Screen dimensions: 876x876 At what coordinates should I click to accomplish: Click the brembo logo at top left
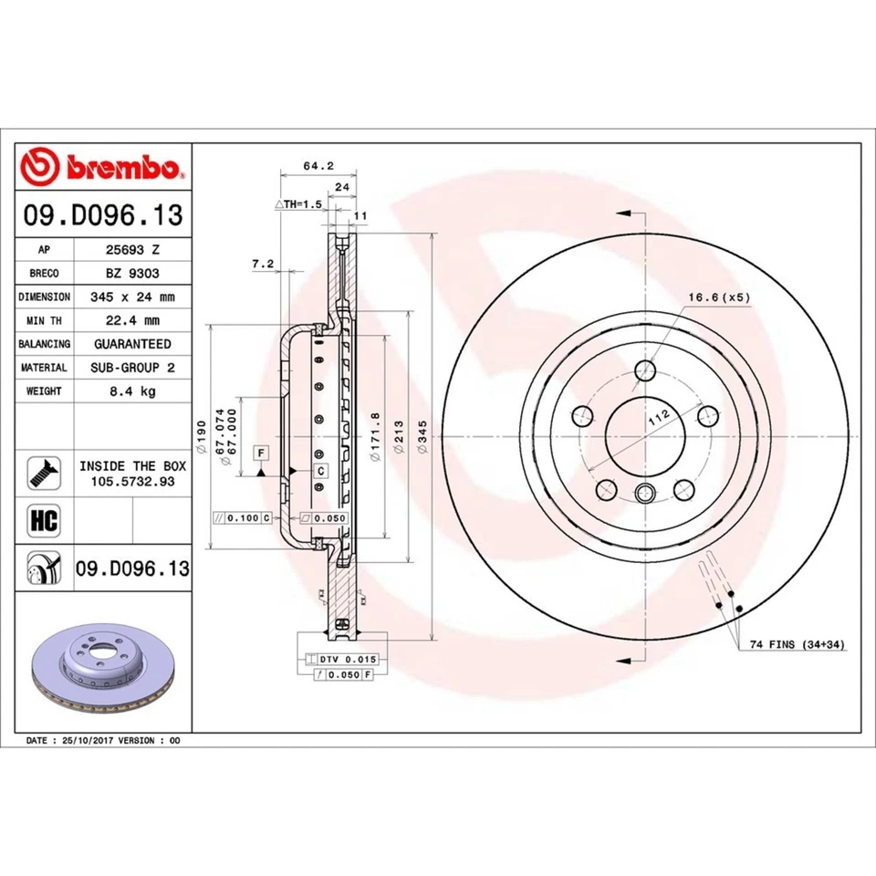coord(103,168)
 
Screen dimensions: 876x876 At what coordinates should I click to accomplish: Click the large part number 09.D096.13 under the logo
coord(103,216)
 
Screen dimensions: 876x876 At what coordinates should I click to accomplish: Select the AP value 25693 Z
coord(132,249)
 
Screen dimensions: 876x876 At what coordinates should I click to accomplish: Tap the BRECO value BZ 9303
coord(132,273)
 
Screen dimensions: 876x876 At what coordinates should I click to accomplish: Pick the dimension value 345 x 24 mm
coord(132,297)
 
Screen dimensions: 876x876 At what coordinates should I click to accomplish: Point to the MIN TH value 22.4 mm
coord(132,320)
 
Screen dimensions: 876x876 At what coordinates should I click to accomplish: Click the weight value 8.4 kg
coord(132,391)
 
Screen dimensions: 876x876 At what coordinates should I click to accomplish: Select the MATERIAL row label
coord(44,368)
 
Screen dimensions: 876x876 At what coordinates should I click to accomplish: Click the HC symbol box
coord(44,521)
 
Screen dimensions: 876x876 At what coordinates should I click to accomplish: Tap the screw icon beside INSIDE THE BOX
coord(44,473)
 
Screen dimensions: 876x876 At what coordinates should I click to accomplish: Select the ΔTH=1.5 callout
coord(298,205)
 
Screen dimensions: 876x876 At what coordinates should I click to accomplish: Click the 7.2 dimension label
coord(263,263)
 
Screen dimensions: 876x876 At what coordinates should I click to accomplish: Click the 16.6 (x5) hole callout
coord(718,297)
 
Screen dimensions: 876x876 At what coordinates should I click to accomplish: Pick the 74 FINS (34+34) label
coord(797,644)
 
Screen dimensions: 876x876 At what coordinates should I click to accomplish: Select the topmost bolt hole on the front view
coord(646,370)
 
